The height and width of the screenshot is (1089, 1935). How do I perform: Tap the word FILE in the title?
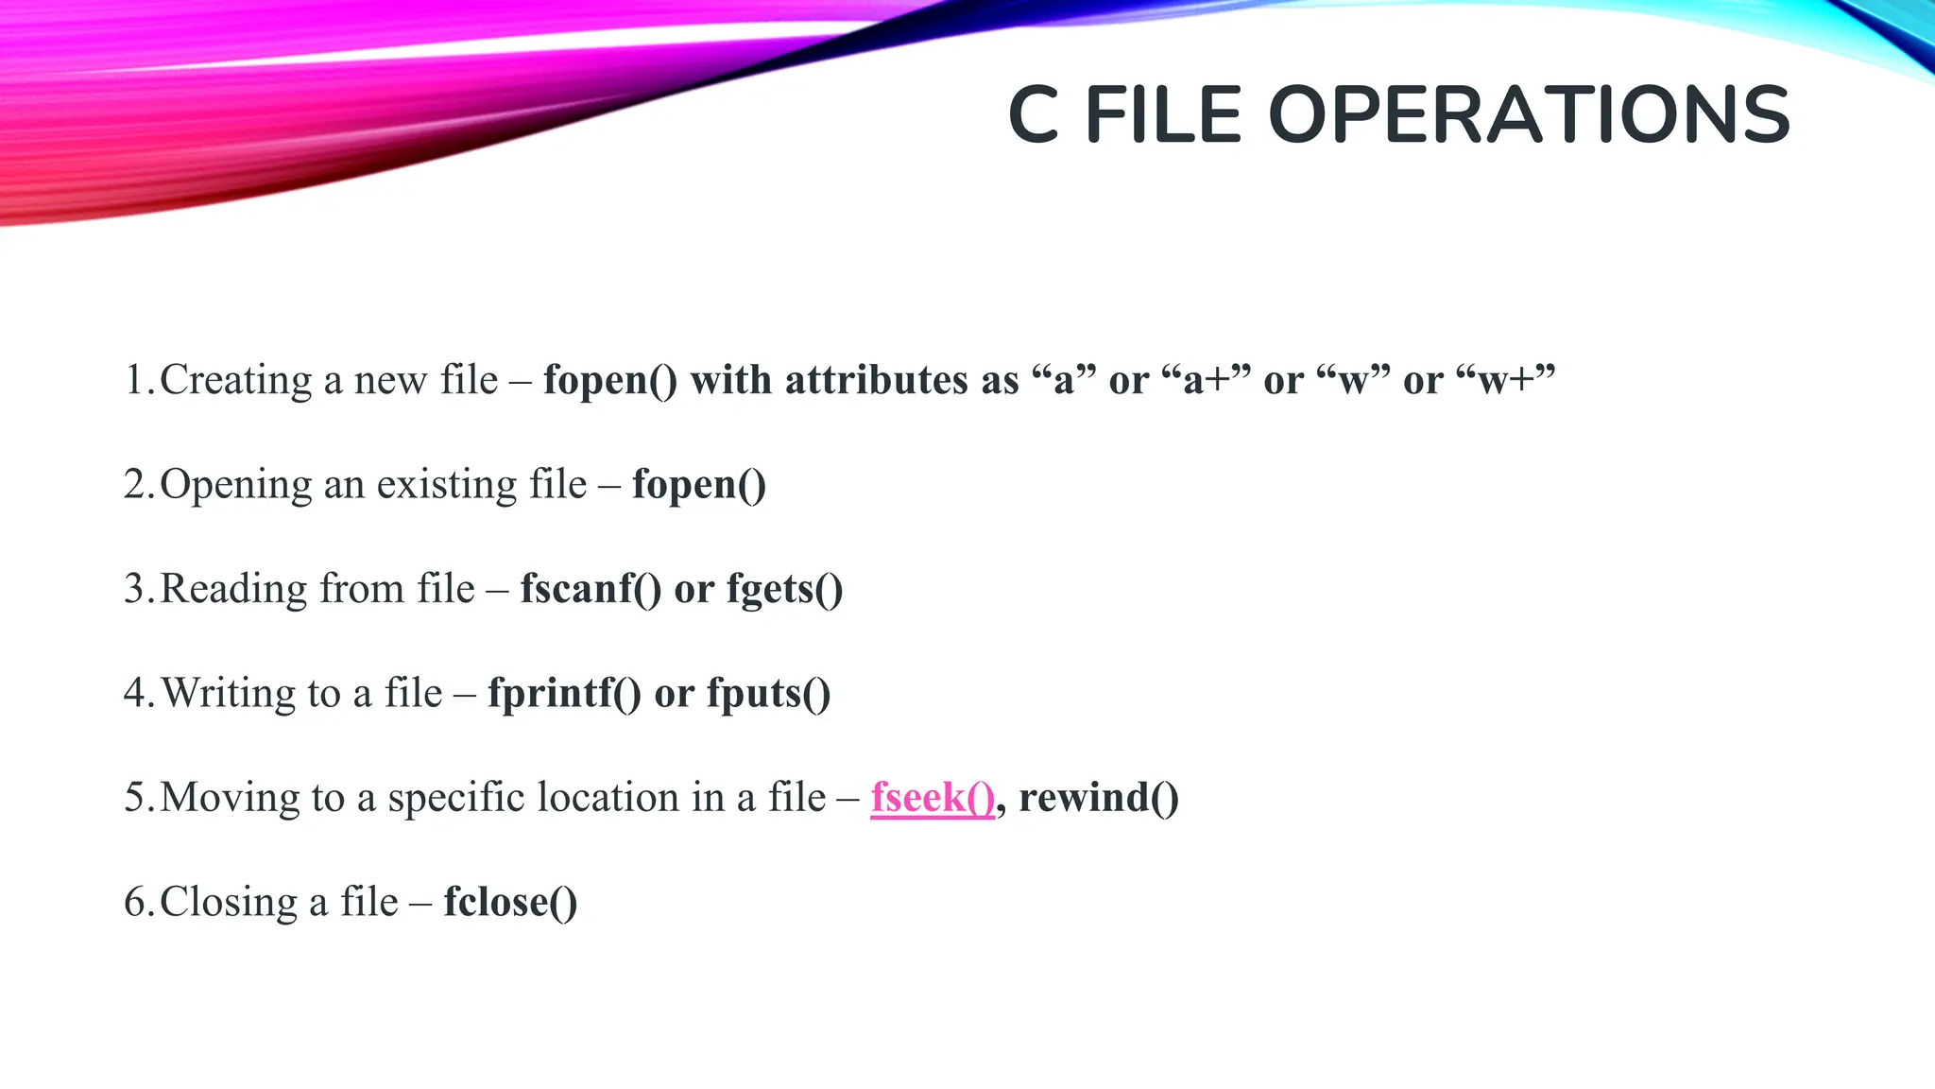tap(1163, 115)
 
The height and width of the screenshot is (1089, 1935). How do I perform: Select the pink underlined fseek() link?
tap(933, 797)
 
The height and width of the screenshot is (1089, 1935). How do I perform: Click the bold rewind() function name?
tap(1099, 797)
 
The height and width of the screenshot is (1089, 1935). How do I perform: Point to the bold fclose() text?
tap(510, 902)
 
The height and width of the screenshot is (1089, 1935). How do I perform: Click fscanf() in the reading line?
tap(591, 589)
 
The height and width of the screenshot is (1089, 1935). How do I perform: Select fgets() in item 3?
tap(784, 589)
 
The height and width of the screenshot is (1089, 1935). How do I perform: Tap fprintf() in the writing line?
tap(564, 693)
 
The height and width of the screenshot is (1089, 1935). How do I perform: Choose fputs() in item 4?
tap(769, 693)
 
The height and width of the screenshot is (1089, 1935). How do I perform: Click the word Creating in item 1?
tap(236, 380)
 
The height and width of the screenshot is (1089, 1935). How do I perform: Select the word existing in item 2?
tap(447, 485)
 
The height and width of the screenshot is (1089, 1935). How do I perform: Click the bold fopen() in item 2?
tap(699, 485)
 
